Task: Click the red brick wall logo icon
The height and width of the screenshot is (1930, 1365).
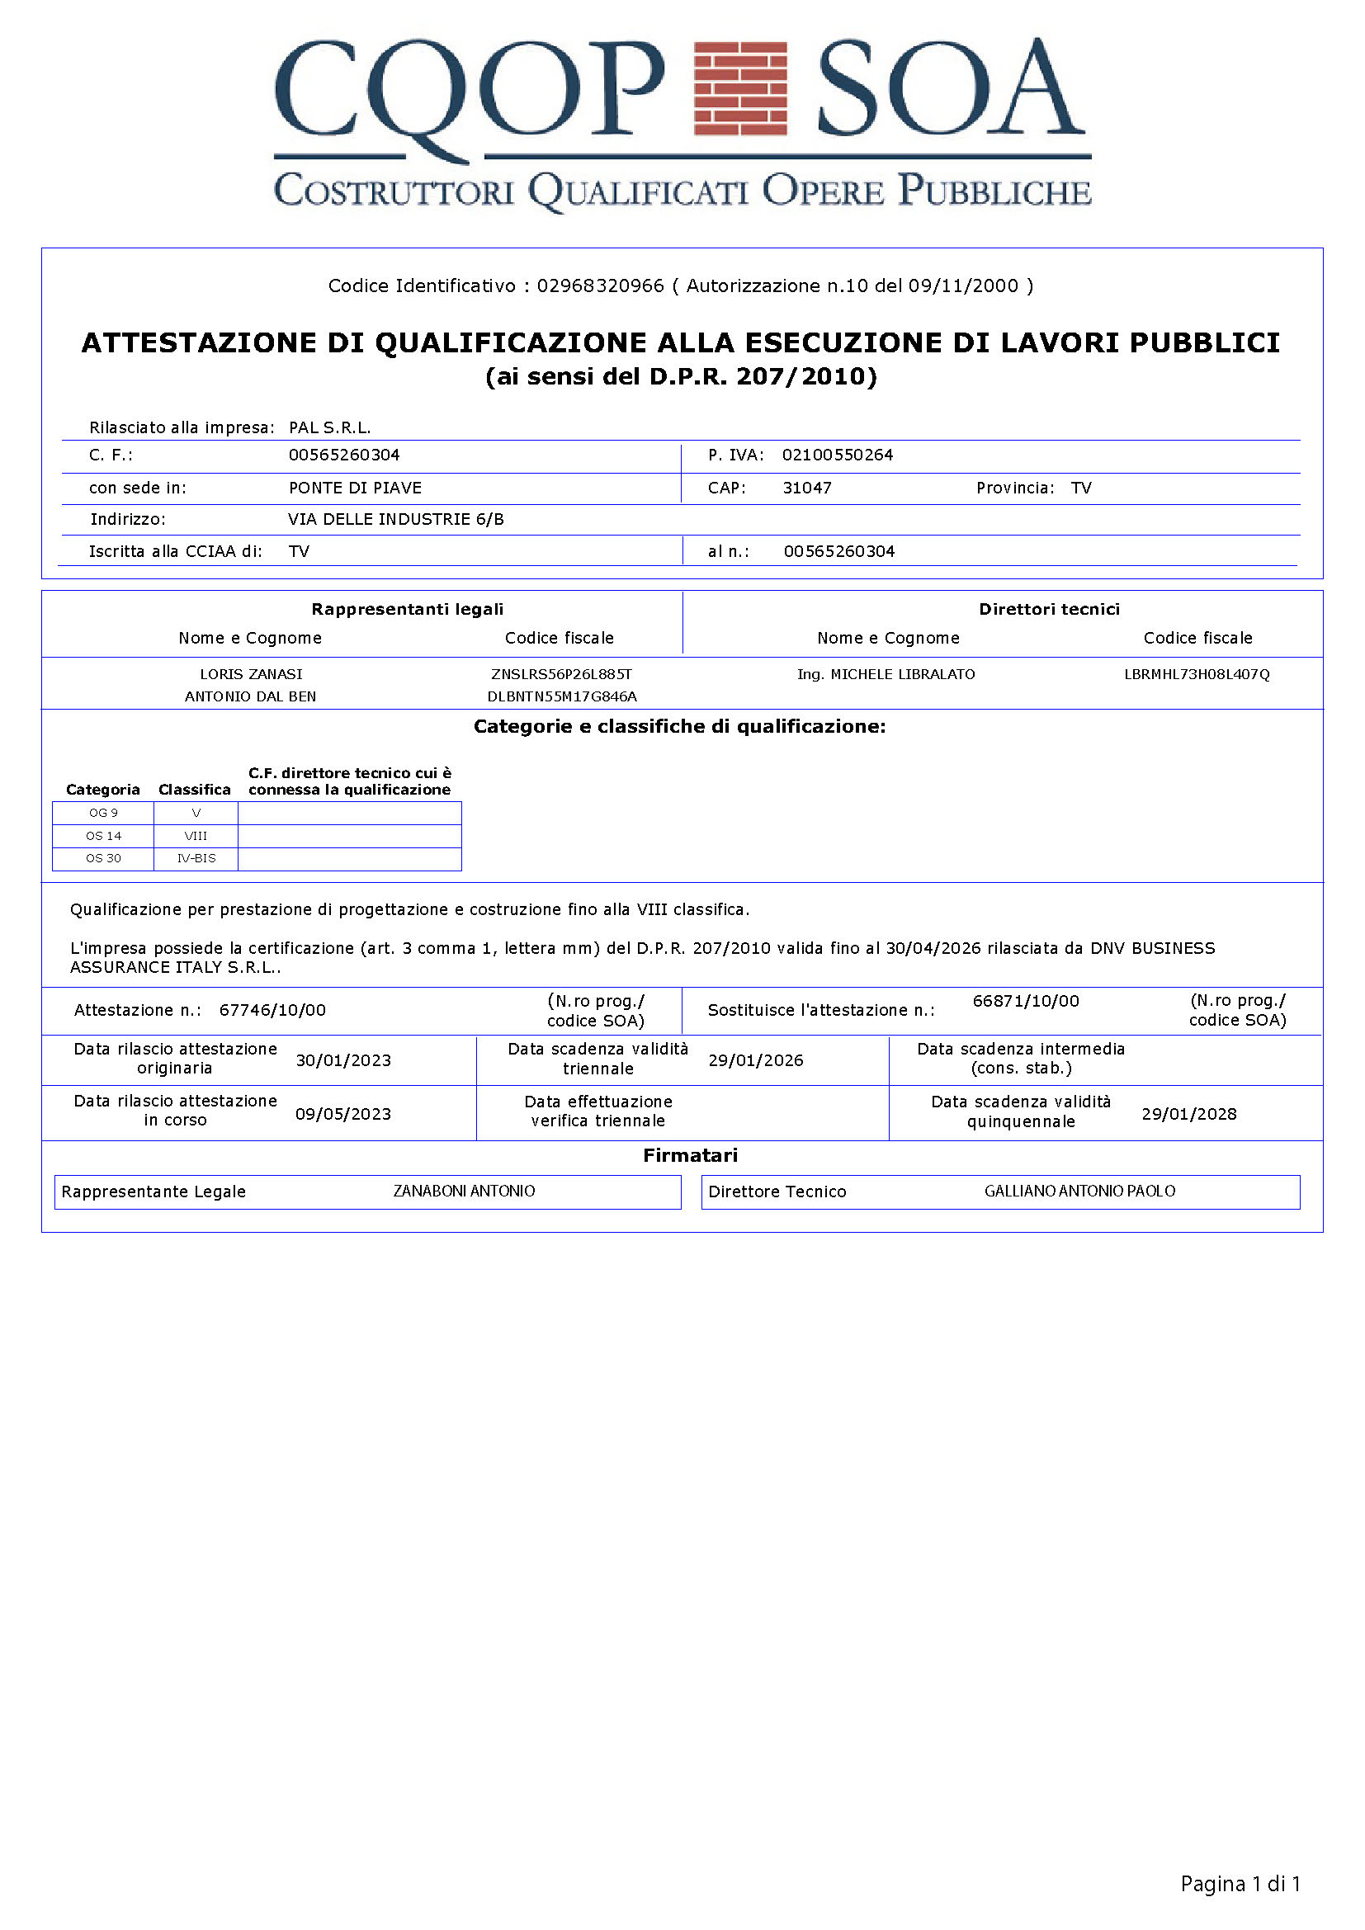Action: pos(739,88)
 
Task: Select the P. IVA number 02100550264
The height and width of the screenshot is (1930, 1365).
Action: pos(837,455)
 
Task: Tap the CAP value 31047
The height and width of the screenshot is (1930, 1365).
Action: pos(807,488)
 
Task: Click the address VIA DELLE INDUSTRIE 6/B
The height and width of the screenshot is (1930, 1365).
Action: pos(396,519)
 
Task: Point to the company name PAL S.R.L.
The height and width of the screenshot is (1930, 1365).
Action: pos(329,427)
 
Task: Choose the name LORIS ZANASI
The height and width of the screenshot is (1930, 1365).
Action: pos(251,674)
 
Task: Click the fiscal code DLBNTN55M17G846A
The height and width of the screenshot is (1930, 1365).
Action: pos(561,696)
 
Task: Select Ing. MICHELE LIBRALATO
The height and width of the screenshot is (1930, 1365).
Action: pos(886,674)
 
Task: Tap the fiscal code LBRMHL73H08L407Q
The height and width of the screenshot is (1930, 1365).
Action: pos(1197,674)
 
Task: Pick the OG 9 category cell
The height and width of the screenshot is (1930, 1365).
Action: pos(103,813)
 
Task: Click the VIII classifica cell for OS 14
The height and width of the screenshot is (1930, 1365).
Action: pos(196,836)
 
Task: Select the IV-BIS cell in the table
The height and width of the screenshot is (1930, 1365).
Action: pos(196,858)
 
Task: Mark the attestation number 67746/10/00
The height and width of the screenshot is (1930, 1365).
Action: pos(272,1009)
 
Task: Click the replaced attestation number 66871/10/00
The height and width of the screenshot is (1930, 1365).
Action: pos(1026,1001)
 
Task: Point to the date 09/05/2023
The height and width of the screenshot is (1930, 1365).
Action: pos(343,1114)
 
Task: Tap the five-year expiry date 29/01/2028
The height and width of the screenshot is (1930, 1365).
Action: pos(1188,1114)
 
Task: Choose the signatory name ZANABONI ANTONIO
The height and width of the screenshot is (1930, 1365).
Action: pos(464,1192)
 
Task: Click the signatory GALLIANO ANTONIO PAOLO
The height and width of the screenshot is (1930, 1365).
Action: pos(1079,1192)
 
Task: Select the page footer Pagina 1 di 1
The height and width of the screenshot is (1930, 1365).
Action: pos(1240,1884)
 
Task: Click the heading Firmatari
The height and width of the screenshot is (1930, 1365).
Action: pos(690,1155)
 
